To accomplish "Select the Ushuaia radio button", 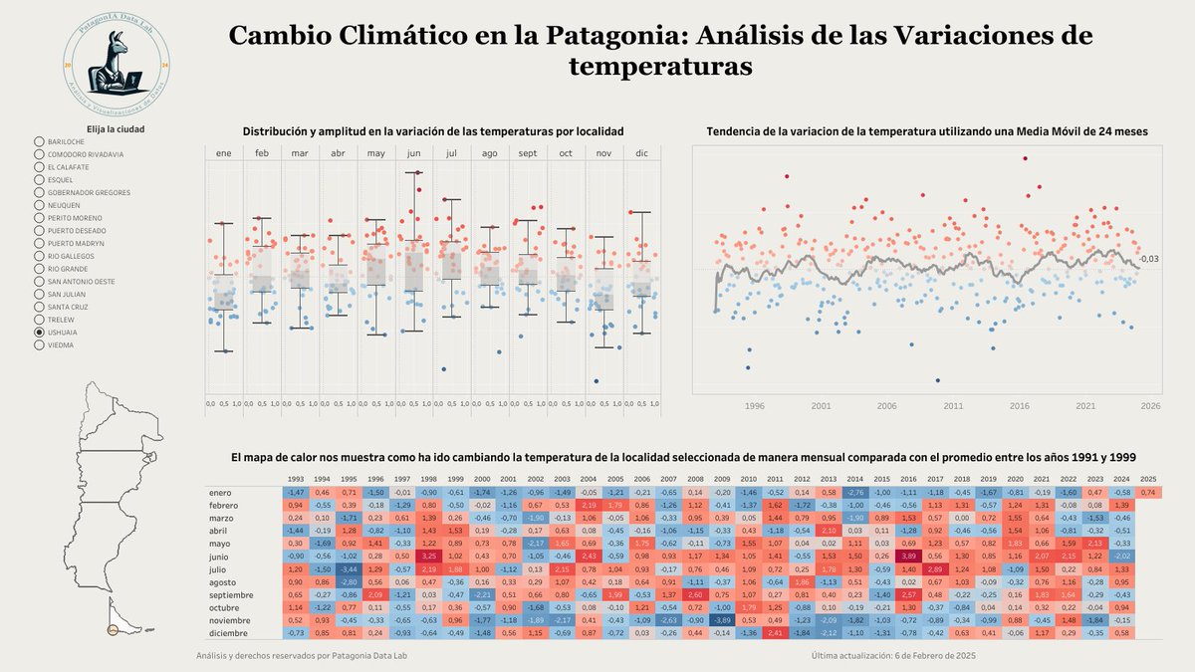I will (39, 333).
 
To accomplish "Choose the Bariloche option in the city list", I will (39, 142).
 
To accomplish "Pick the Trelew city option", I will (39, 320).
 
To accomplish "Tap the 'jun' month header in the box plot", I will (415, 153).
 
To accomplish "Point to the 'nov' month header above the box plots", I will (603, 153).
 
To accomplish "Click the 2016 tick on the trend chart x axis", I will (1019, 406).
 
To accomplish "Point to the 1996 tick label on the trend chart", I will (755, 406).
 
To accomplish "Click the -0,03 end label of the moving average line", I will (1150, 259).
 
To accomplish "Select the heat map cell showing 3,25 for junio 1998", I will (428, 557).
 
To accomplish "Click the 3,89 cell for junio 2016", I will (908, 557).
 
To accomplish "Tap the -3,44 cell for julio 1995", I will (348, 569).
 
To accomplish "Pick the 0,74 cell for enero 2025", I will (1148, 493).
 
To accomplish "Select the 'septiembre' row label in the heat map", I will (231, 595).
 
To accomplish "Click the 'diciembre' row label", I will (228, 633).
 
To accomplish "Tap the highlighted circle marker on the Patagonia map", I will (113, 629).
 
